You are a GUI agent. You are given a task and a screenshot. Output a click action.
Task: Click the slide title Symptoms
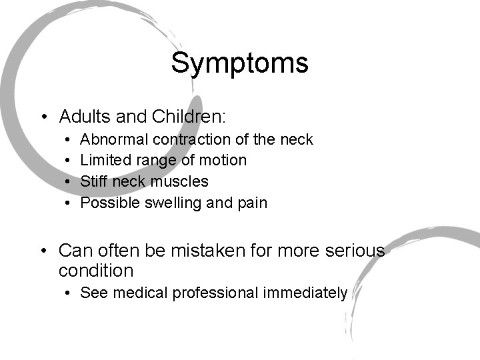click(x=239, y=63)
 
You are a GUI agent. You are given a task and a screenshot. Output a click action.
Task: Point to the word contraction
click(x=191, y=139)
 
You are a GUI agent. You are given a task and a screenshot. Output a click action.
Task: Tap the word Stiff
click(x=93, y=181)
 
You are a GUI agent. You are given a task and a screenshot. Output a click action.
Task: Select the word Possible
click(x=109, y=203)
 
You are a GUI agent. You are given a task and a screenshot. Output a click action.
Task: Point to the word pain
click(x=252, y=203)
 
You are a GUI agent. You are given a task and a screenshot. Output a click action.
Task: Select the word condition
click(x=96, y=271)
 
